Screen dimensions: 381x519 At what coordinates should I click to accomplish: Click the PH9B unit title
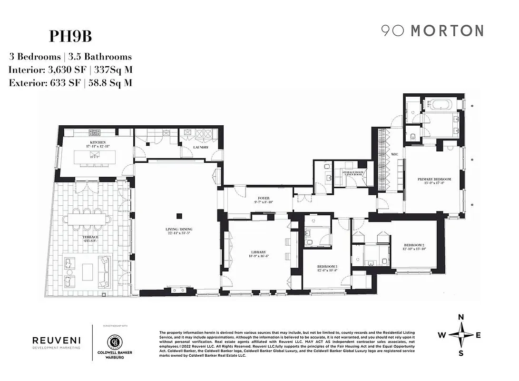tap(71, 36)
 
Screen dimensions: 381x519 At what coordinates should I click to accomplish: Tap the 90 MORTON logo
tap(432, 31)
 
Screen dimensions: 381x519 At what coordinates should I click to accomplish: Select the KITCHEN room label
tap(97, 142)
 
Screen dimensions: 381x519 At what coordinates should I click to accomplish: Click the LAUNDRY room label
tap(200, 147)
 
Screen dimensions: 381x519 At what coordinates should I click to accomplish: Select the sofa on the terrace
tap(104, 272)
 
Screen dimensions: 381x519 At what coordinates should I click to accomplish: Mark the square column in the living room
tap(180, 215)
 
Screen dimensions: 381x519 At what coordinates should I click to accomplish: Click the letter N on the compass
tap(460, 318)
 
